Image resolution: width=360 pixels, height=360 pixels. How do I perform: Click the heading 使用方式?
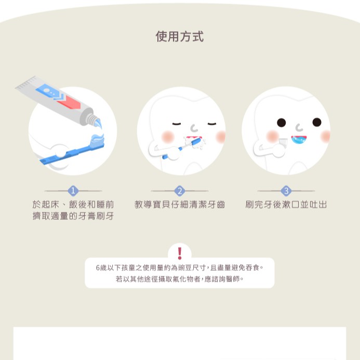[180, 36]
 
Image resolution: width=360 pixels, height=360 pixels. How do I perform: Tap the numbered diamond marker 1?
[73, 191]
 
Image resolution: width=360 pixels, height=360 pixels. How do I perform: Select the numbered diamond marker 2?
[180, 191]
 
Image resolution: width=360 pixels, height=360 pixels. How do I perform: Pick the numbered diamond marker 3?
[286, 191]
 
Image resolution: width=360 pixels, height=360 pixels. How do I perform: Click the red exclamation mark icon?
[180, 253]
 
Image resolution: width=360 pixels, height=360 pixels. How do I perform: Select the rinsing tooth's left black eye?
[281, 123]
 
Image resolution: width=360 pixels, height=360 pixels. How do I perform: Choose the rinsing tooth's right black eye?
[317, 122]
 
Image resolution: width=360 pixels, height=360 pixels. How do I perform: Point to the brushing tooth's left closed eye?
[177, 124]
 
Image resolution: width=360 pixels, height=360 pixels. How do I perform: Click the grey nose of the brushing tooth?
[194, 128]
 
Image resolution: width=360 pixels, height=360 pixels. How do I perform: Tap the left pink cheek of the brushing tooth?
[168, 137]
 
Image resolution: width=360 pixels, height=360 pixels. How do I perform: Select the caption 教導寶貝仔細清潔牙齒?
[180, 204]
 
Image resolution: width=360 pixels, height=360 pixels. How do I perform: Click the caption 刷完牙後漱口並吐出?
[286, 204]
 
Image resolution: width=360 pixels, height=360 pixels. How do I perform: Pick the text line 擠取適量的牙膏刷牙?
[73, 216]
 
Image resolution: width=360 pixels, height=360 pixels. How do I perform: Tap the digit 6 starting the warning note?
[98, 268]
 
